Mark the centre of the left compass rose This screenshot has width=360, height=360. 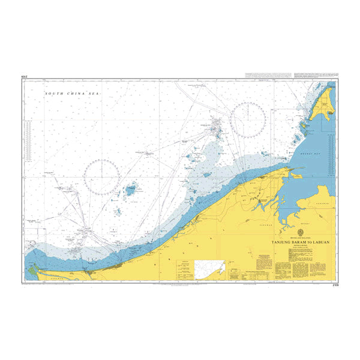coord(101,176)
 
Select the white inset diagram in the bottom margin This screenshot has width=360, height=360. coord(209,269)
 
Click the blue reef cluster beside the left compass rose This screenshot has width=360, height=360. coord(130,192)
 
